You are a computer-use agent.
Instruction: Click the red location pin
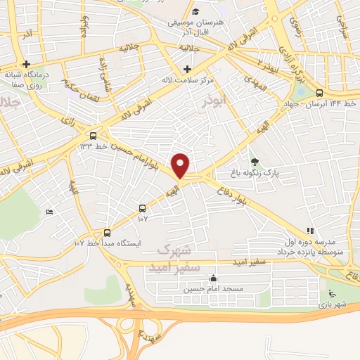click(x=181, y=165)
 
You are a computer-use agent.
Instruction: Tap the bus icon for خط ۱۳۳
click(x=94, y=136)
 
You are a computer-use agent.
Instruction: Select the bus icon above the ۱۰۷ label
click(x=143, y=208)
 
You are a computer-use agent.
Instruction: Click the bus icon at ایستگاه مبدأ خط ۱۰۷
click(x=108, y=233)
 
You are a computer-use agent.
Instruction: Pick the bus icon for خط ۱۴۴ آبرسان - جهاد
click(x=321, y=93)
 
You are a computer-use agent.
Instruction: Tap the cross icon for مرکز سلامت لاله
click(x=187, y=69)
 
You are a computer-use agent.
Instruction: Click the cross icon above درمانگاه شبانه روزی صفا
click(x=26, y=64)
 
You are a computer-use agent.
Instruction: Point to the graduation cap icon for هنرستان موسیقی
click(x=195, y=12)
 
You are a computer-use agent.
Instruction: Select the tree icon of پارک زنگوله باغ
click(x=255, y=162)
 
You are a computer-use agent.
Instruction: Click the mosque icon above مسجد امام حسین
click(x=214, y=279)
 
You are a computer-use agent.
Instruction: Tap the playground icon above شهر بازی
click(x=332, y=294)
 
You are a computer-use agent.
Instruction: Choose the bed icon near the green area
click(x=49, y=212)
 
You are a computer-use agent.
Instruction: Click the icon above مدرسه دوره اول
click(x=310, y=231)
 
